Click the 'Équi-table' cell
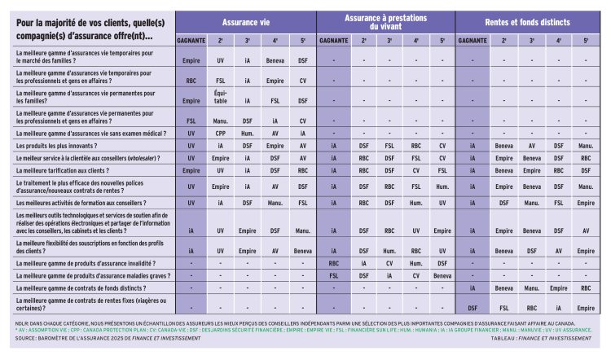coord(220,100)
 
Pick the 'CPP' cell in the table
coord(220,133)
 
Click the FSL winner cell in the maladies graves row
coord(332,275)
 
